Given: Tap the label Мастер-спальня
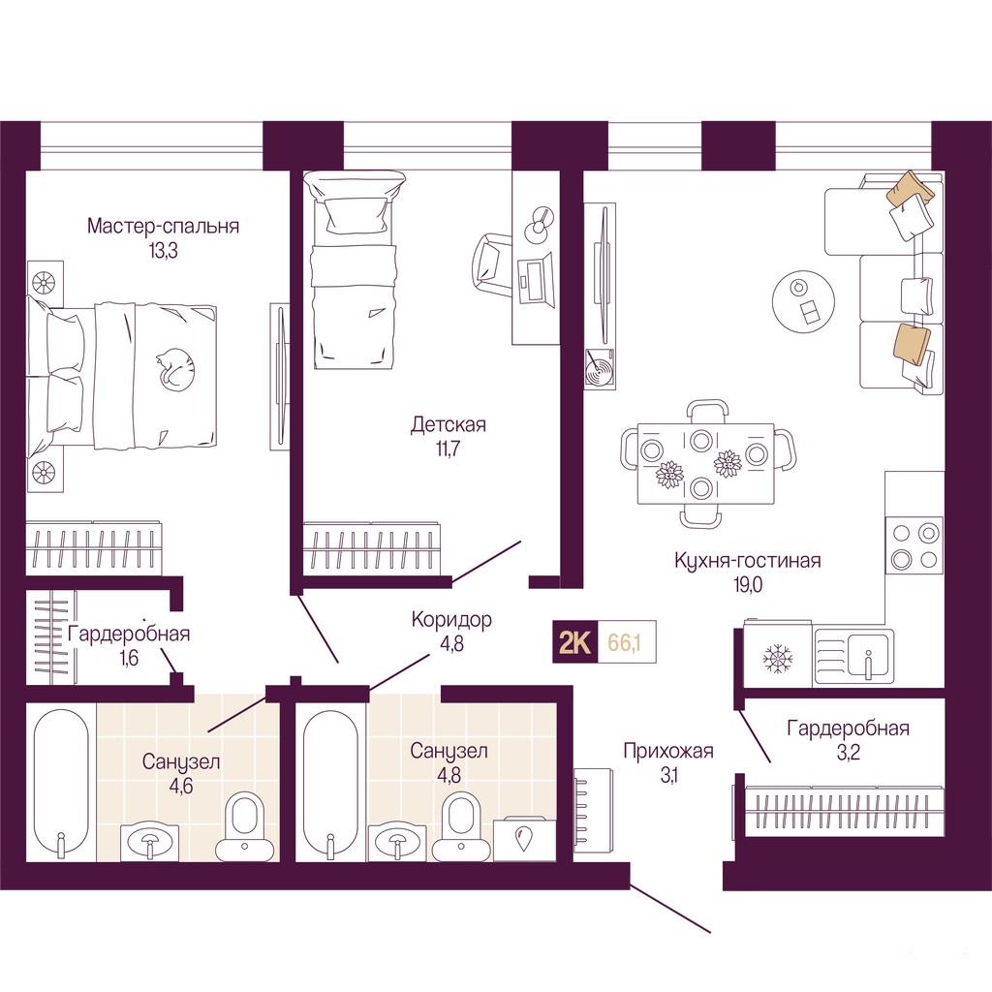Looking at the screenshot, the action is [x=163, y=226].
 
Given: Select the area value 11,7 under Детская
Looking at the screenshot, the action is [x=447, y=449].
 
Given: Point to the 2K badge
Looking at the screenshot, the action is [x=575, y=642].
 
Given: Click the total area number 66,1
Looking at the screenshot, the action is [x=625, y=642].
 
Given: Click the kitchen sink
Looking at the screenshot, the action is [x=854, y=657].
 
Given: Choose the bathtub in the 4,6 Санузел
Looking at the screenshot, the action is [x=61, y=785].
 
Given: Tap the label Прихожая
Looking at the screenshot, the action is [x=668, y=751].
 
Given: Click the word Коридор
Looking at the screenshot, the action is [x=451, y=619].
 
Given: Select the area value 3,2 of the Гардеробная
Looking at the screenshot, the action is [x=848, y=753].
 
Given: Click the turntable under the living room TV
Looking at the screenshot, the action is [x=599, y=368].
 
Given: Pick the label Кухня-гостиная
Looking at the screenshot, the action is [x=748, y=561].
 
